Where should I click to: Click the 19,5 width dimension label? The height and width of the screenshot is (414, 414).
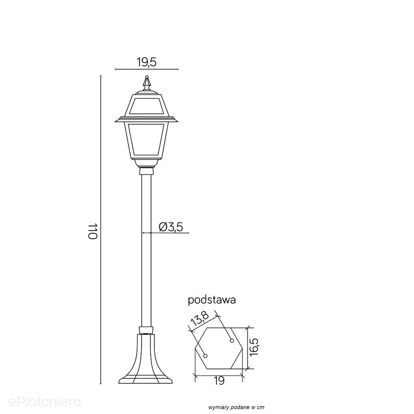point(147,62)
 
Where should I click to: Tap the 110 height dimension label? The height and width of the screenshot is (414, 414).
point(93,232)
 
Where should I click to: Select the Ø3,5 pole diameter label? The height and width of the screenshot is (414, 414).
point(171,227)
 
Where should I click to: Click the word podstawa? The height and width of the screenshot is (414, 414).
point(211,300)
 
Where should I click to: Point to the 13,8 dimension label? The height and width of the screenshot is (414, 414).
point(200,318)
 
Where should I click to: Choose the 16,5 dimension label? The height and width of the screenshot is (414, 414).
point(254,347)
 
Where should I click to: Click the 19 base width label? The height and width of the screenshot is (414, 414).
point(219,381)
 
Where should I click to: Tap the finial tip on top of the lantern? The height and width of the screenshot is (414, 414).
point(147,77)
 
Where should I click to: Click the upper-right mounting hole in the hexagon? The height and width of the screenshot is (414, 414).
point(232,341)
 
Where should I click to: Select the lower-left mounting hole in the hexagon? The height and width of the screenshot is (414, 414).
point(206,356)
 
